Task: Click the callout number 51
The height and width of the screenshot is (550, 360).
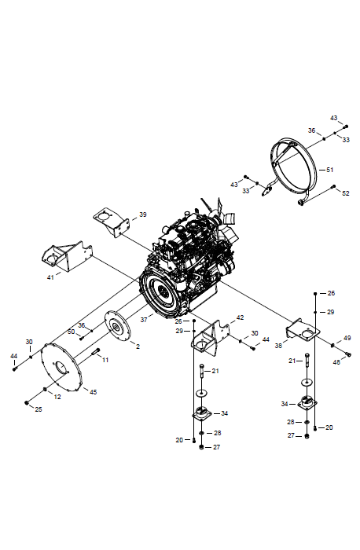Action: [329, 170]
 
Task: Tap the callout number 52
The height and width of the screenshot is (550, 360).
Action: [346, 193]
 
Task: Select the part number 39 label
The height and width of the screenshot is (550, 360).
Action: [143, 214]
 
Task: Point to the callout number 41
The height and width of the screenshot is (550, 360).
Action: [50, 277]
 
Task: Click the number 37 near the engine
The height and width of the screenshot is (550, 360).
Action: [144, 320]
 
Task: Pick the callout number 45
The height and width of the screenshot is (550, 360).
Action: [93, 392]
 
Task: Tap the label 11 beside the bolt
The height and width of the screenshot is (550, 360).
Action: [105, 360]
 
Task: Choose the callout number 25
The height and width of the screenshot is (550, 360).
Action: [39, 409]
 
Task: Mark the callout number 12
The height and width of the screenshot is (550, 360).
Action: [57, 397]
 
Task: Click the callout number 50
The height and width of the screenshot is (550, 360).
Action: [72, 332]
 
